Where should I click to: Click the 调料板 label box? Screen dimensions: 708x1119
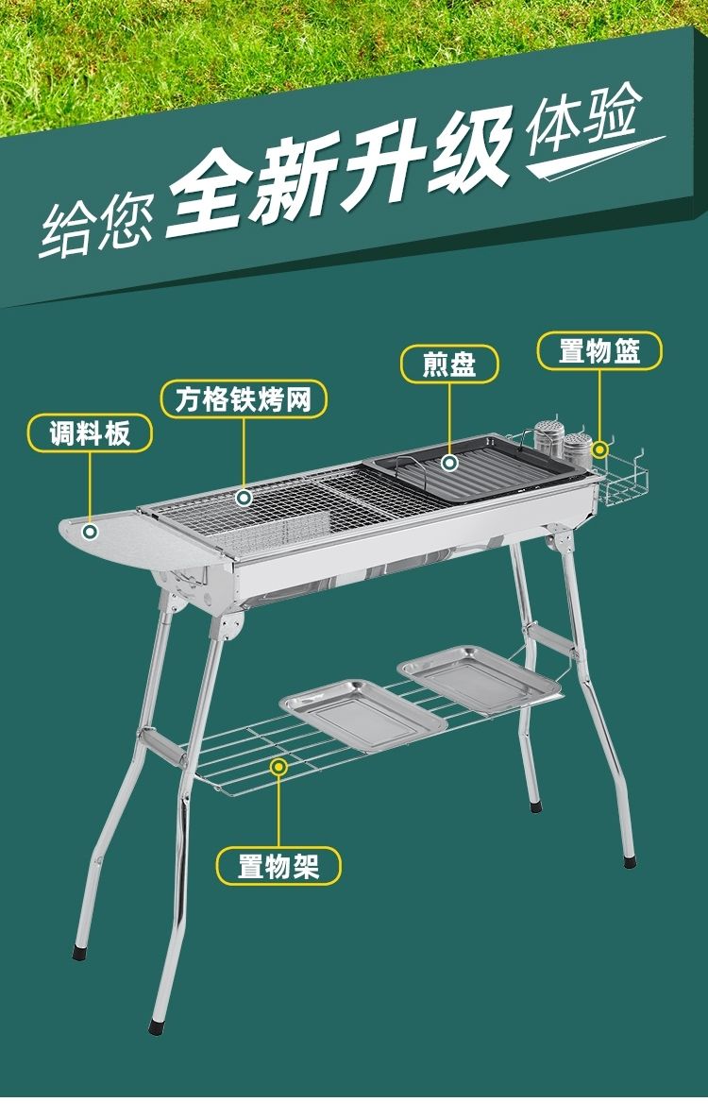pyautogui.click(x=90, y=433)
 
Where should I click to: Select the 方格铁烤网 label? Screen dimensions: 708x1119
pyautogui.click(x=244, y=398)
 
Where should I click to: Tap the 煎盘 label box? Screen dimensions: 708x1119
pyautogui.click(x=449, y=364)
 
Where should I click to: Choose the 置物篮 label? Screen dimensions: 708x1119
pyautogui.click(x=599, y=350)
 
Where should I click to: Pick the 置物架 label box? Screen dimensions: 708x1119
pyautogui.click(x=278, y=866)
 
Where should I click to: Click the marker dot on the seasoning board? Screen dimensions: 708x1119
pyautogui.click(x=90, y=531)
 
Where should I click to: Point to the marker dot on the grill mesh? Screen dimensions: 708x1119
pyautogui.click(x=244, y=497)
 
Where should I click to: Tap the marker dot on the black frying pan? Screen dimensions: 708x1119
pyautogui.click(x=449, y=463)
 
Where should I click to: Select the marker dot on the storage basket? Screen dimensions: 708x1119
pyautogui.click(x=600, y=449)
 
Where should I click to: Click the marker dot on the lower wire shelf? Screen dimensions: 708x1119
pyautogui.click(x=278, y=767)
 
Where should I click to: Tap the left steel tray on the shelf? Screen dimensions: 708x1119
pyautogui.click(x=362, y=714)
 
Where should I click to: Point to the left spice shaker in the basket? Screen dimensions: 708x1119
pyautogui.click(x=547, y=438)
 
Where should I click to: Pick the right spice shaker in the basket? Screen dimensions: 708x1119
pyautogui.click(x=577, y=449)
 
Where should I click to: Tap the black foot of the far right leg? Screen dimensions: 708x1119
pyautogui.click(x=629, y=861)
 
